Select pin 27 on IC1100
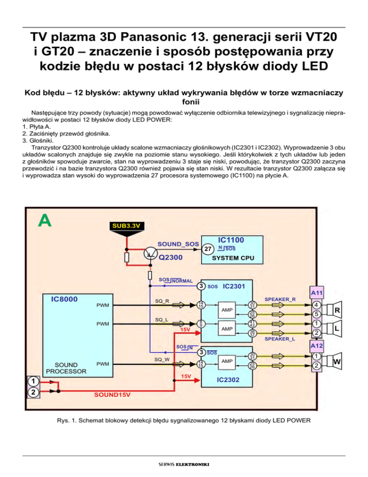tap(207, 249)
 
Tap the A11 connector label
tap(316, 292)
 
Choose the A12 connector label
tap(316, 345)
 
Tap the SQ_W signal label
tap(161, 358)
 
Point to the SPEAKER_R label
tap(280, 299)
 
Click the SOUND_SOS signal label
tap(178, 244)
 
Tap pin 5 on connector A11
tap(316, 315)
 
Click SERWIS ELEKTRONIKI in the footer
tap(184, 464)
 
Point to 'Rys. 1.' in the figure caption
tap(66, 421)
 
